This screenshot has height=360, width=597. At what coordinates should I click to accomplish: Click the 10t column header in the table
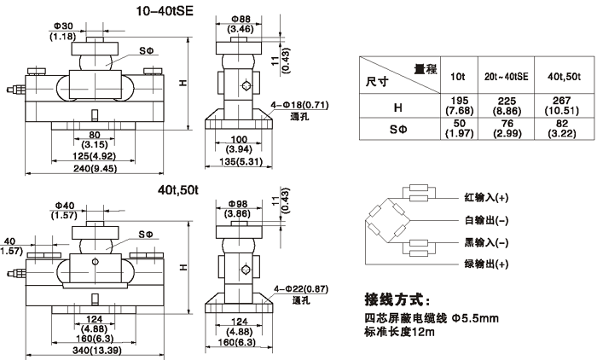point(458,76)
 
